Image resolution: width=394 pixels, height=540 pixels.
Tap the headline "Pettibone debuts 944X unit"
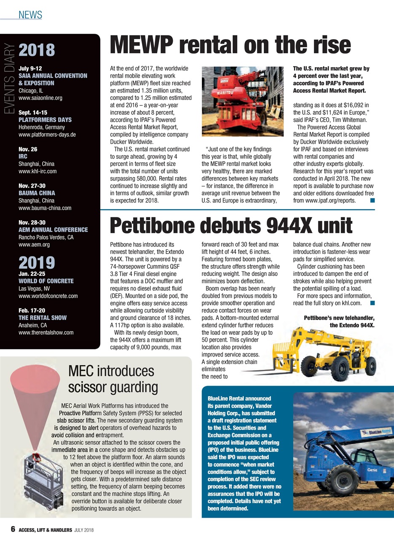231,226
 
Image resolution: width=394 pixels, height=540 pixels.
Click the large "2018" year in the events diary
37,50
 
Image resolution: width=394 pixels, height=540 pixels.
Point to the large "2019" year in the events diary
37,262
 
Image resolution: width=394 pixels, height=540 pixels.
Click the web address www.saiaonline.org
41,98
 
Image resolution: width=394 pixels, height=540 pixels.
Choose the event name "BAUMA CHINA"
38,193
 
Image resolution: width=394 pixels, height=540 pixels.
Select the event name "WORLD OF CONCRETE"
46,281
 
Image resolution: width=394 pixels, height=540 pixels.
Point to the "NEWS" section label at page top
30,15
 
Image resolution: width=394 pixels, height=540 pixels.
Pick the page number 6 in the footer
13,529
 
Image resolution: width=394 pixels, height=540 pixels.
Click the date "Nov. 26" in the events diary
28,149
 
